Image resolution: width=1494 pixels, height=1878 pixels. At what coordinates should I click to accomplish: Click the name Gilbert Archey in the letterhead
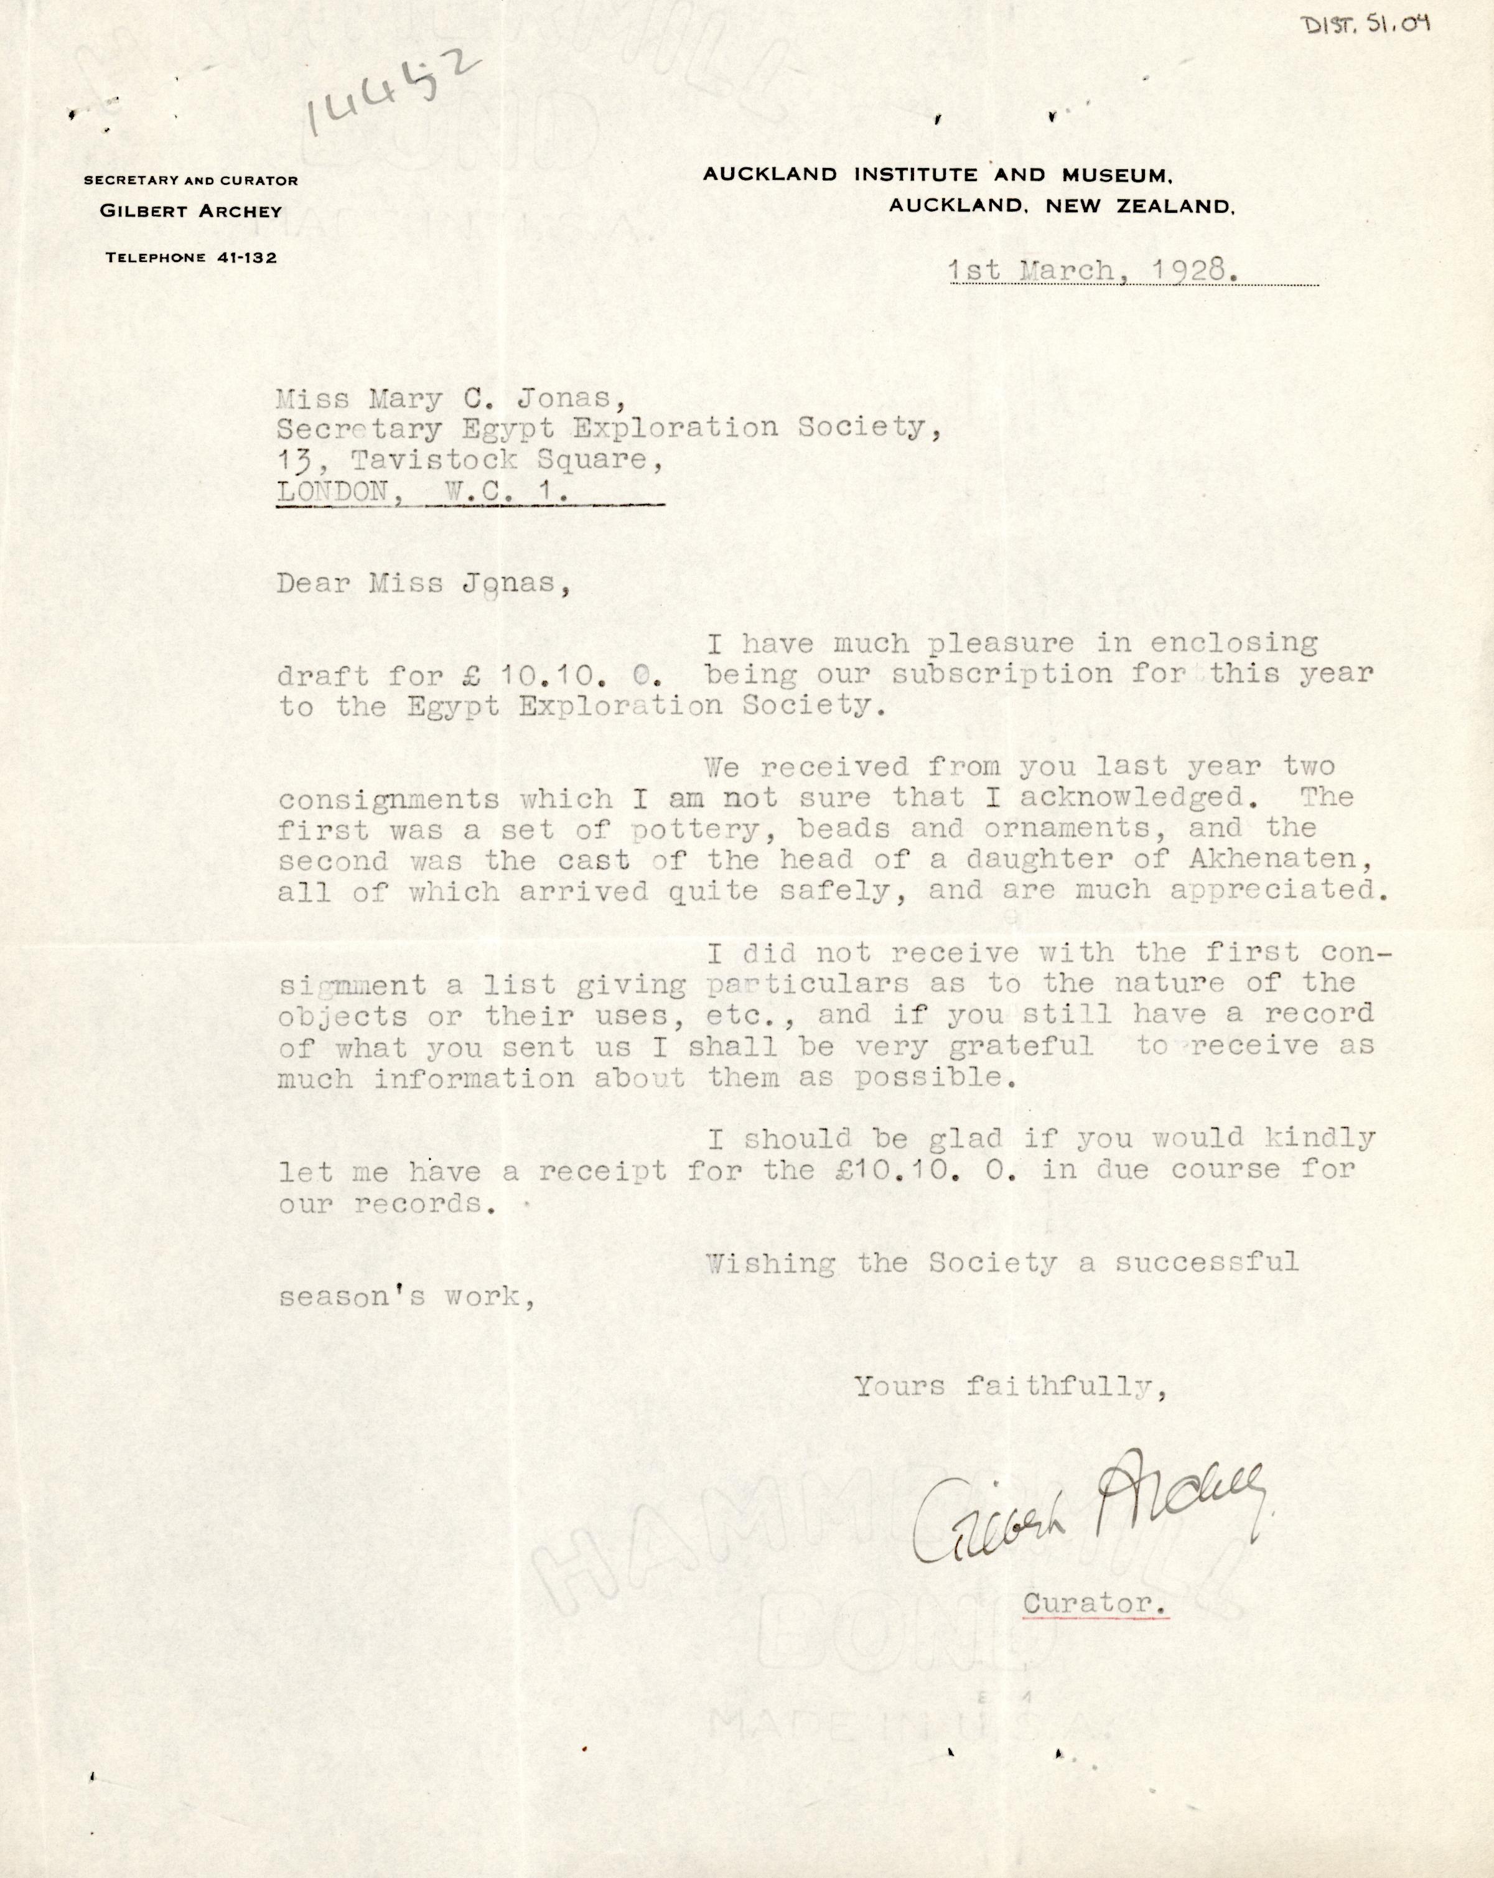191,212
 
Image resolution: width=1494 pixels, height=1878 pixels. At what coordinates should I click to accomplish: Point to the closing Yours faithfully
1010,1386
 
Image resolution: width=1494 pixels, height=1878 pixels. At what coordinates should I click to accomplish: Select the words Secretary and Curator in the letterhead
191,180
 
